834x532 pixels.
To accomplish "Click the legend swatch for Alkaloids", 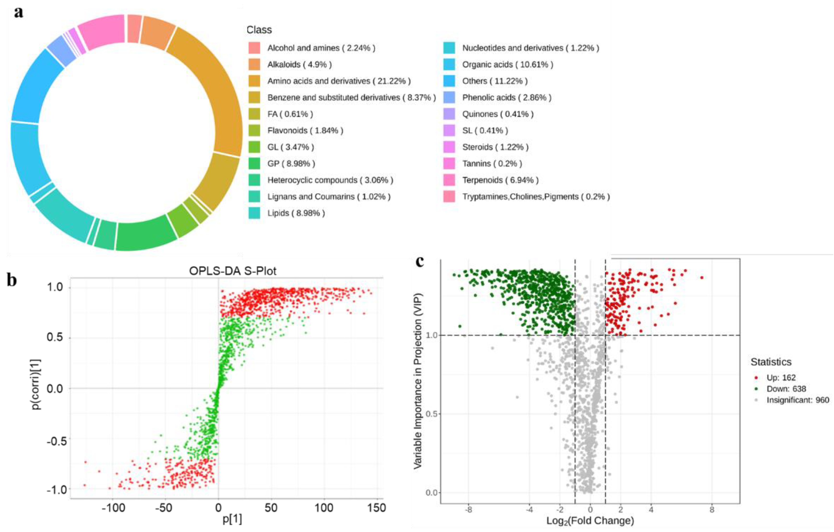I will coord(254,64).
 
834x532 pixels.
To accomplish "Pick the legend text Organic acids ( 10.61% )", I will coord(507,64).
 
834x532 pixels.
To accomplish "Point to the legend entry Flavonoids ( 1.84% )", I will coord(305,130).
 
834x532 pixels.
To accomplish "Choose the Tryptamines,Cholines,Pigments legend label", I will coord(536,197).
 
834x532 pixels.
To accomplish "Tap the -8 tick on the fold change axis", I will coord(468,510).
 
